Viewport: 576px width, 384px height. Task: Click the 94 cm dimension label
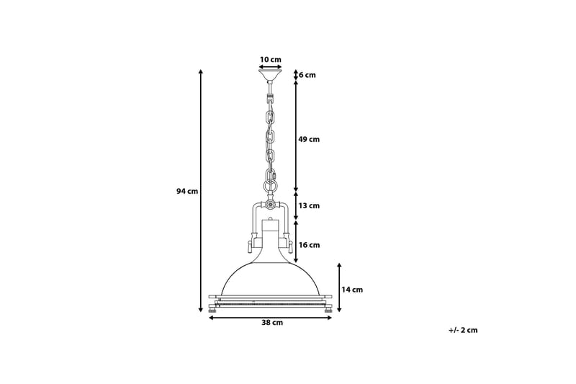186,191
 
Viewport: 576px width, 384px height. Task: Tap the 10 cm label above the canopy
270,59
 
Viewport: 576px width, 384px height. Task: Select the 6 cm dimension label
307,75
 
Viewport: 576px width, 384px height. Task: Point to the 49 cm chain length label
309,139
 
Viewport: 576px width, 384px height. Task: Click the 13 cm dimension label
309,206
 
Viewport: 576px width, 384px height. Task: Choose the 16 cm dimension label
309,245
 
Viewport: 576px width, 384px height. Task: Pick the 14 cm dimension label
352,290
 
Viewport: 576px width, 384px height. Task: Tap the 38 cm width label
272,323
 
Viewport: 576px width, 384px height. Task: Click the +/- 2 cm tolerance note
462,330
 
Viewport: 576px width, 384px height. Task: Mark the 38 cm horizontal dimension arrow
270,317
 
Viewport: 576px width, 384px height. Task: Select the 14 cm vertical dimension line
339,287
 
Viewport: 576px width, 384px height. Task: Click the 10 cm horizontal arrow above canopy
270,66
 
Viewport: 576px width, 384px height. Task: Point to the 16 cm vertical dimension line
296,241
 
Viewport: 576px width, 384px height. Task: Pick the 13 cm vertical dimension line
296,206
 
